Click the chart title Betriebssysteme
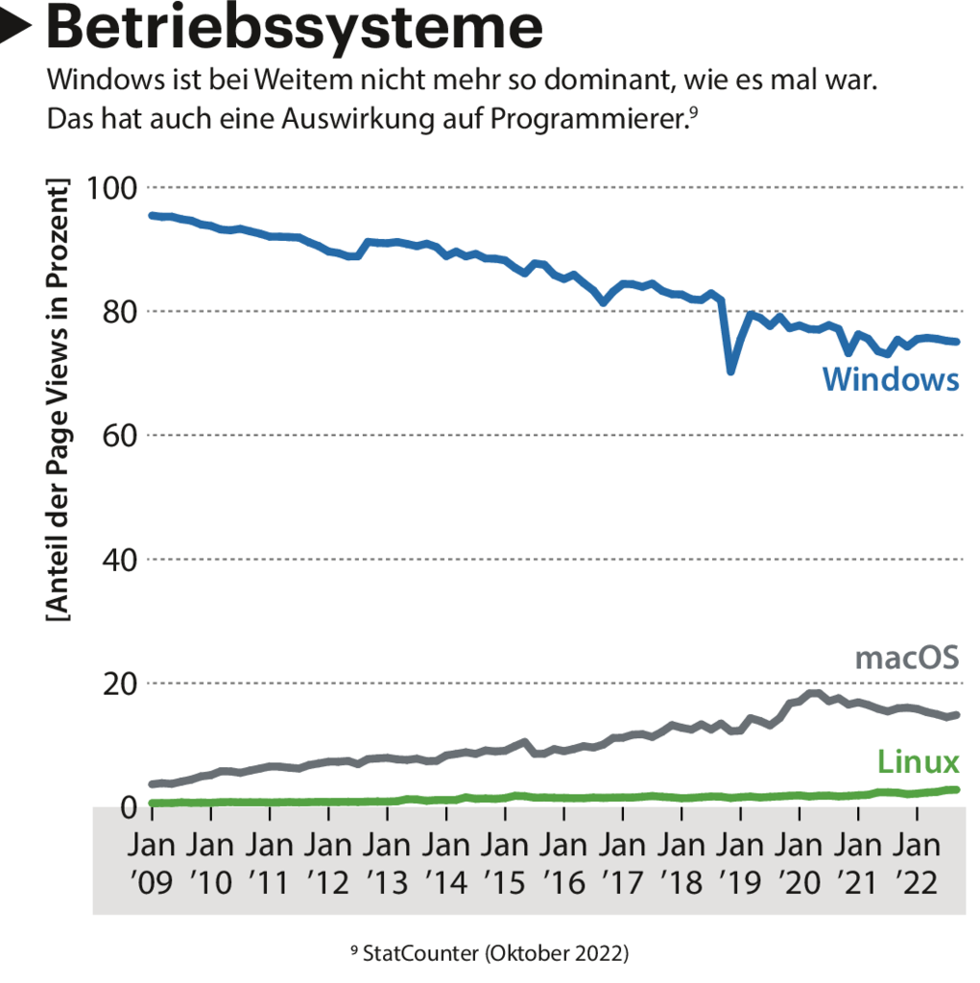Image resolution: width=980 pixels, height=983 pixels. [x=294, y=29]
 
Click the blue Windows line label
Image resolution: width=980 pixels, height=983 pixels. [x=890, y=379]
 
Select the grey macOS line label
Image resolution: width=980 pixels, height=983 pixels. [x=906, y=658]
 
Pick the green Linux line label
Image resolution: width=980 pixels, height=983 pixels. [x=918, y=762]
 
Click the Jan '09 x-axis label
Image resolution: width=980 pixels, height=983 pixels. [x=152, y=864]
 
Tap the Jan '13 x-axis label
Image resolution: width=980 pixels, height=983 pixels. [x=387, y=864]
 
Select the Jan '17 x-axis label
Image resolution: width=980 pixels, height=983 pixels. [x=623, y=864]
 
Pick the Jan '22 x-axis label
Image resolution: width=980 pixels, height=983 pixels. [x=916, y=864]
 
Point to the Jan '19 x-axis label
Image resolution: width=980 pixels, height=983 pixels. [x=740, y=864]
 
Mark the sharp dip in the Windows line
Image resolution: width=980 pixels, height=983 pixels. [x=730, y=371]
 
